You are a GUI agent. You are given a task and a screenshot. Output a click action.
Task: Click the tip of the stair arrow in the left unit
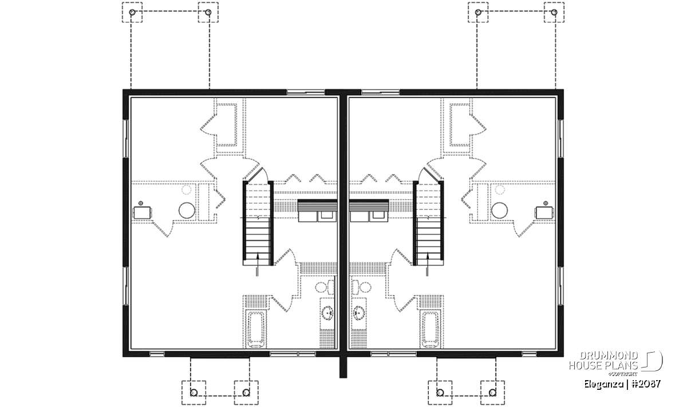click(x=258, y=252)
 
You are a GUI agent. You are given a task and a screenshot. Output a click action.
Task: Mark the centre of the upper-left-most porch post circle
click(x=132, y=12)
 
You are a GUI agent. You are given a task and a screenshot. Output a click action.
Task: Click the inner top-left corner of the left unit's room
click(x=131, y=98)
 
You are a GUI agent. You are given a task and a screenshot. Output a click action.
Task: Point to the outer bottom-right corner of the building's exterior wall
click(x=563, y=357)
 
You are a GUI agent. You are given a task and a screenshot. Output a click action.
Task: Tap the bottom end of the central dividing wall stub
click(x=343, y=377)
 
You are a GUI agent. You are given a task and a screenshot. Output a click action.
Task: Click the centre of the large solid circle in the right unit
click(x=499, y=211)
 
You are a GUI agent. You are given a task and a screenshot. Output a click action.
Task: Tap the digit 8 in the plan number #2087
click(x=651, y=384)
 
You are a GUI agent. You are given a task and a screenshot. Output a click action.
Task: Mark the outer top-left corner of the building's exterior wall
click(x=123, y=89)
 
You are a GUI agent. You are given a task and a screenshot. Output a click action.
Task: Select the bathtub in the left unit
click(x=256, y=329)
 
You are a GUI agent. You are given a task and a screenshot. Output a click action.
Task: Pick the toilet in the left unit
click(x=325, y=287)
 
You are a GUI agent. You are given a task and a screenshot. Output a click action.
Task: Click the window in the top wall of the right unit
click(x=381, y=92)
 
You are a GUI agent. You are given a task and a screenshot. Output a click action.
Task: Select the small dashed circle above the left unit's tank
click(x=186, y=190)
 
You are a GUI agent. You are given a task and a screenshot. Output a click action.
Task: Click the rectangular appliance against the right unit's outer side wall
click(x=544, y=213)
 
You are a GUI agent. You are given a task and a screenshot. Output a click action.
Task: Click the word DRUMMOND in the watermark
click(x=609, y=356)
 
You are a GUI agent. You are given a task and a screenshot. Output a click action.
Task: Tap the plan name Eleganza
click(x=603, y=384)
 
